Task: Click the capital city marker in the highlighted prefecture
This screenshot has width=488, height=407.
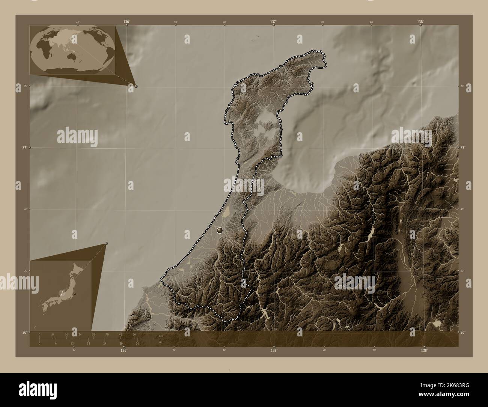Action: point(220,230)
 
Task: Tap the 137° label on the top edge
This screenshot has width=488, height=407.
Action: point(274,22)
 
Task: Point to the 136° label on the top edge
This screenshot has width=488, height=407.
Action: point(127,22)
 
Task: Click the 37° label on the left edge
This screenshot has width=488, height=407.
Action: point(24,148)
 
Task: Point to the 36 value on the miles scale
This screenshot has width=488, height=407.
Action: point(137,344)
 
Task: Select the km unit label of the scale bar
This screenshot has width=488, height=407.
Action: point(161,336)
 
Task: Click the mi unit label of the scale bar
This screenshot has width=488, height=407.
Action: point(161,342)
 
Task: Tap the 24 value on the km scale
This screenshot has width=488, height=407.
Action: point(80,334)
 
